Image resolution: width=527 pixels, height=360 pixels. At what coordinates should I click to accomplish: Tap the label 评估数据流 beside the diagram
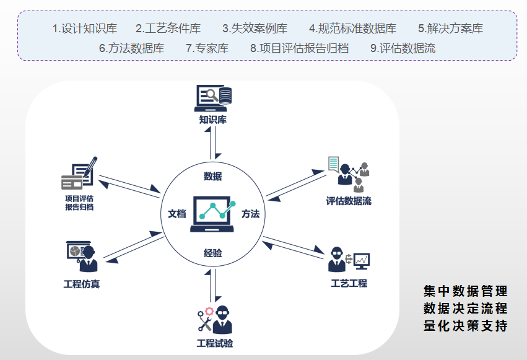coord(349,201)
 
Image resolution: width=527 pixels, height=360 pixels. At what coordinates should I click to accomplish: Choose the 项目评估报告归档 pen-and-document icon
coord(79,174)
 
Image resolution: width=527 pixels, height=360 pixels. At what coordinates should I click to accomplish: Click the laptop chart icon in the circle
coord(213,214)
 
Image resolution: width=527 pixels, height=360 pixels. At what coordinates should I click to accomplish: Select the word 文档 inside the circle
coord(176,214)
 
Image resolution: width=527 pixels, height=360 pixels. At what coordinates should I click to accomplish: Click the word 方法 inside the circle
coord(250,214)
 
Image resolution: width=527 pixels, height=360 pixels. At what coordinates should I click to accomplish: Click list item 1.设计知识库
coord(84,29)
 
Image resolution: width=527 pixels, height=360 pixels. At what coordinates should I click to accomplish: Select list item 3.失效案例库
coord(255,29)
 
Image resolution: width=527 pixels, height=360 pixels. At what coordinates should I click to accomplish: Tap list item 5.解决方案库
coord(450,29)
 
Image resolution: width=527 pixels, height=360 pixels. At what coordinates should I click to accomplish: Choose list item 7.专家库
coord(207,48)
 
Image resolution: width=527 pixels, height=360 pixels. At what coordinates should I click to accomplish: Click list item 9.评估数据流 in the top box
coord(403,48)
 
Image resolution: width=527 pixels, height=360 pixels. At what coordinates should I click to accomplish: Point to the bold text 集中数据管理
coord(465,291)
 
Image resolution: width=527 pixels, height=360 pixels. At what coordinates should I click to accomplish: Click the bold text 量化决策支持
coord(465,326)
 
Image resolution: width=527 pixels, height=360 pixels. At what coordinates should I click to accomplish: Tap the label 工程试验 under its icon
coord(214,343)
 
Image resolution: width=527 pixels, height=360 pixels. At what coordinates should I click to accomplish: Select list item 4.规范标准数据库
coord(352,29)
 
